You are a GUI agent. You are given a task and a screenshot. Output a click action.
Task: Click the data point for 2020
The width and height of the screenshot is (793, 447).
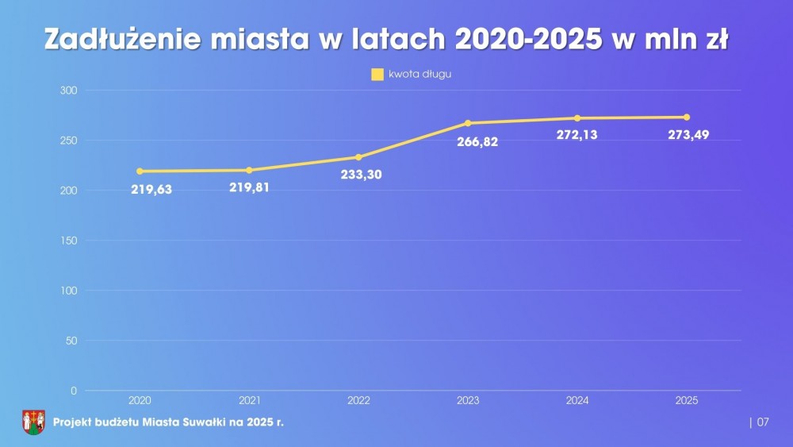coord(140,171)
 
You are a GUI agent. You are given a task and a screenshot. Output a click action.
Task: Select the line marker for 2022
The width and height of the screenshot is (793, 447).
coord(358,157)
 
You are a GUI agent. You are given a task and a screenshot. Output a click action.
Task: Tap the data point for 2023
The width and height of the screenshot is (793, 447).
coord(468,123)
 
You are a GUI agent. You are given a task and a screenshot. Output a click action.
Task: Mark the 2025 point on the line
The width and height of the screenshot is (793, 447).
coord(687,118)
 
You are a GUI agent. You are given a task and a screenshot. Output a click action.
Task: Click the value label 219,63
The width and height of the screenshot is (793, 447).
coord(151,190)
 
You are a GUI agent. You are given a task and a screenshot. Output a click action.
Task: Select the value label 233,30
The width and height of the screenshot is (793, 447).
coord(362,175)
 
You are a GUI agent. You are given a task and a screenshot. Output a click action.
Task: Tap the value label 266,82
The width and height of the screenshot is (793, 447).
coord(478,142)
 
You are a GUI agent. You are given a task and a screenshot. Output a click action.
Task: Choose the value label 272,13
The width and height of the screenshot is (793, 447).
coord(577,135)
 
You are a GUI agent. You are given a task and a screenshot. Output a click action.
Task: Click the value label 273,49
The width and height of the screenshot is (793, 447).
coord(688,135)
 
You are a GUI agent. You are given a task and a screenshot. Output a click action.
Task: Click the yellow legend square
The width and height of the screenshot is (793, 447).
coord(377,75)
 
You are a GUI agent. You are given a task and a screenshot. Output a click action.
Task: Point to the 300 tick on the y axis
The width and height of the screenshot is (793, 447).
coord(69,91)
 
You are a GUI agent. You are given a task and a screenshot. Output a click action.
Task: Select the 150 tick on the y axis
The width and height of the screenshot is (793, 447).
coord(69,241)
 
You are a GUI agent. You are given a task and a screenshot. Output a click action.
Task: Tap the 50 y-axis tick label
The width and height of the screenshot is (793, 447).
coord(71,341)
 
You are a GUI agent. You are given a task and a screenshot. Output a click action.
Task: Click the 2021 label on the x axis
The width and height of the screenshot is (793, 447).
coord(250,401)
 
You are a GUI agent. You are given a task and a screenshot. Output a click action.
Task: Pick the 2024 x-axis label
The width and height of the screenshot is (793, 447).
coord(577,401)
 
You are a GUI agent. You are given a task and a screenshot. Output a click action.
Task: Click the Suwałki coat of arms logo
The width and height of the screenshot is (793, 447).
coord(33,422)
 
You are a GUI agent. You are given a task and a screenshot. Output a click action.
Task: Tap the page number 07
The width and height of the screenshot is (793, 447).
coord(763,422)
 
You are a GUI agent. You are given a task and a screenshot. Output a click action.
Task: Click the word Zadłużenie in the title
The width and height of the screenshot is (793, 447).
coord(121,40)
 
